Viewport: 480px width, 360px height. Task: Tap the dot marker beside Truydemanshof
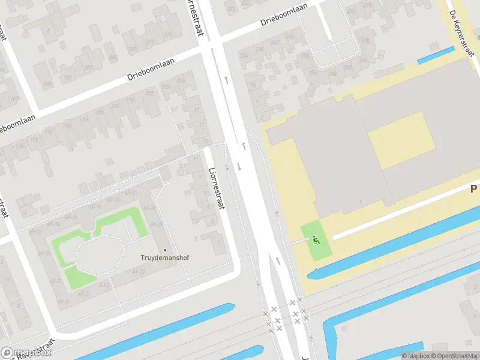click(165, 250)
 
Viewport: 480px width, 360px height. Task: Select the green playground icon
click(316, 239)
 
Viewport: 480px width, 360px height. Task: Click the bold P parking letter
click(473, 189)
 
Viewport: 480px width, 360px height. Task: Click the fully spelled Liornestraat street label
click(215, 187)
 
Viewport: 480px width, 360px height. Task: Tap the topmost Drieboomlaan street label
click(284, 16)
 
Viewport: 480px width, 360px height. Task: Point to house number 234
click(244, 56)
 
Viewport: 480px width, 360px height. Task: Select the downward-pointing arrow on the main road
click(239, 166)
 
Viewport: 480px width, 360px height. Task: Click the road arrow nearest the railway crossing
click(278, 260)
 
